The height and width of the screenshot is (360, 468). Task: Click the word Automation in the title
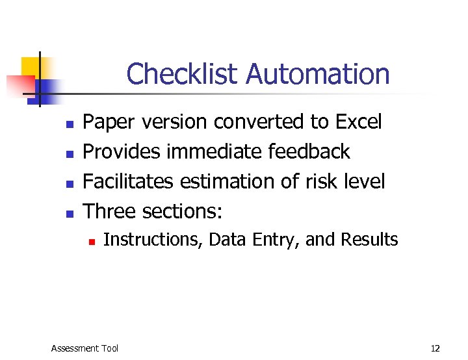tap(318, 74)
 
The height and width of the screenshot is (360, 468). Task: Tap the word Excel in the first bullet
tap(358, 122)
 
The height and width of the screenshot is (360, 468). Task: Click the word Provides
tap(122, 151)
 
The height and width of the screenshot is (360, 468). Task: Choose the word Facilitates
tap(129, 181)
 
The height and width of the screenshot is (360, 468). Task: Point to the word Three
tap(110, 211)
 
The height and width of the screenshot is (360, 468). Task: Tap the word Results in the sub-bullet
tap(369, 240)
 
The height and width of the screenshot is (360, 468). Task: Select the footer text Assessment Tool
tap(84, 348)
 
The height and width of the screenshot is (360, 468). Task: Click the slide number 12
tap(435, 348)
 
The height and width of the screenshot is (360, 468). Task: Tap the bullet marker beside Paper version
tap(69, 123)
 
